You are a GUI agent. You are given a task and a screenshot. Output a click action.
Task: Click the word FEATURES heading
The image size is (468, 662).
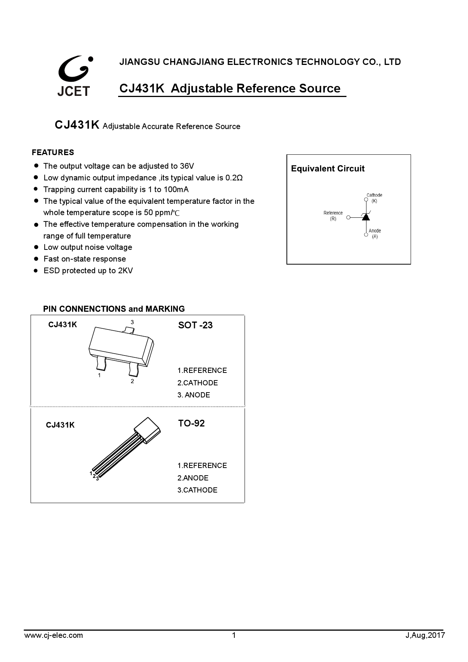tap(53, 152)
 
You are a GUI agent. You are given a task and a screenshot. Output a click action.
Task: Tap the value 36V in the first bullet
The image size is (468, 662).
tap(187, 166)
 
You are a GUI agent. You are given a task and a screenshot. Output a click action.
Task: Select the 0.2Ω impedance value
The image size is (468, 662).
tap(234, 178)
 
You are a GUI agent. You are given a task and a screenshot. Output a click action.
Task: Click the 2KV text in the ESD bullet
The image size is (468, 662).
tap(125, 271)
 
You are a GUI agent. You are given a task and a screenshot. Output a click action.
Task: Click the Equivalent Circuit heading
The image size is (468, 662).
tap(328, 169)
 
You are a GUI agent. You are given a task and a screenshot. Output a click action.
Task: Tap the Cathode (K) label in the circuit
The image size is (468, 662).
tap(374, 198)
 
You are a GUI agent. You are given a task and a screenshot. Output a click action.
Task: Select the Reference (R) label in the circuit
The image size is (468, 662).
tap(333, 216)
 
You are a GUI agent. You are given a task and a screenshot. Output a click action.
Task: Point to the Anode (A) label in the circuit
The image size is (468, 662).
tap(375, 233)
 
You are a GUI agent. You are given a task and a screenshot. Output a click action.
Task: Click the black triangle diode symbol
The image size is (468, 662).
tap(366, 217)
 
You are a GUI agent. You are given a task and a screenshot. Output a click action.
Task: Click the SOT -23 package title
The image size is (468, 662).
tap(195, 325)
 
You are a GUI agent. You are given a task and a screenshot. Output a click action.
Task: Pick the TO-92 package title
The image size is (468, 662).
tap(191, 423)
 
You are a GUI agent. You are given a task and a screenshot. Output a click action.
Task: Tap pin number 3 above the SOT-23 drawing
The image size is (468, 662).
tap(132, 322)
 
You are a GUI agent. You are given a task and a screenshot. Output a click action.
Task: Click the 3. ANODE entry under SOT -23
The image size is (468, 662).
tap(194, 395)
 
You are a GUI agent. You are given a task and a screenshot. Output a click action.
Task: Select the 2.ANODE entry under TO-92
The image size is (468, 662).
tap(193, 478)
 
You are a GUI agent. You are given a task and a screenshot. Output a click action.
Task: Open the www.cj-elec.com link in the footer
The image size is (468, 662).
tap(54, 635)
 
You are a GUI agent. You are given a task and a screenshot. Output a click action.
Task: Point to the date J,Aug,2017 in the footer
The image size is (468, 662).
tap(425, 635)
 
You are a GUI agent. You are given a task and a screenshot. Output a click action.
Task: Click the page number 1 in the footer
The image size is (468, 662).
tap(234, 635)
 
